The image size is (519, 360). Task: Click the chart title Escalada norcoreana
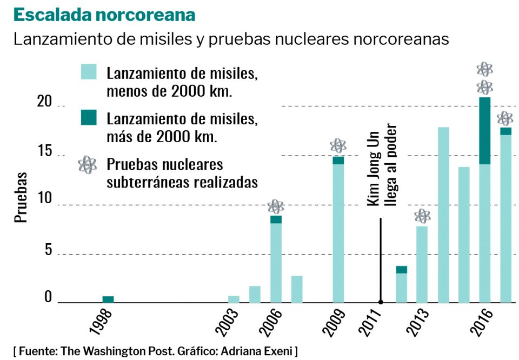pos(104,15)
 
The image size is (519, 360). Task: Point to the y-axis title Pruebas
pos(21,198)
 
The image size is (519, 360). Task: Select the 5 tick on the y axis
pos(48,251)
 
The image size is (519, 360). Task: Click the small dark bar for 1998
pos(108,299)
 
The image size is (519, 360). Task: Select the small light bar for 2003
pos(234,299)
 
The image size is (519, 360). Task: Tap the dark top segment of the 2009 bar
pos(338,160)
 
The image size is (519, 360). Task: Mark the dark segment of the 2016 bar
pos(485,131)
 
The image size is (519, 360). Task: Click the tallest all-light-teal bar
pos(443,215)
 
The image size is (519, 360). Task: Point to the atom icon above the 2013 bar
pos(422,217)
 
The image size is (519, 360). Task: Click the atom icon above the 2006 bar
pos(276,206)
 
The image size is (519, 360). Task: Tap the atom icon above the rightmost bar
pos(505,118)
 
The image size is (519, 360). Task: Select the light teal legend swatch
pos(89,72)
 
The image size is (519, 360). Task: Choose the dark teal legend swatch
pos(89,117)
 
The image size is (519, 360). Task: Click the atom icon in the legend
pos(88,164)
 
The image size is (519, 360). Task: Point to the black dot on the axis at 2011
pos(381,303)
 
